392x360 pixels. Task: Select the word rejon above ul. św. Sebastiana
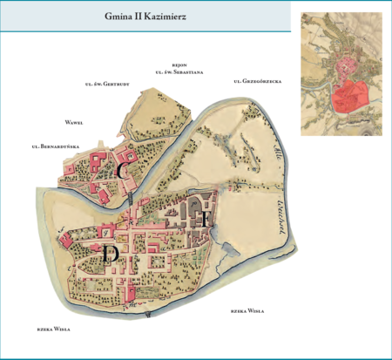point(180,65)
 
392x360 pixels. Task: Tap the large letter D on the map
point(110,253)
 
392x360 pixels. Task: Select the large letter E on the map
point(203,219)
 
